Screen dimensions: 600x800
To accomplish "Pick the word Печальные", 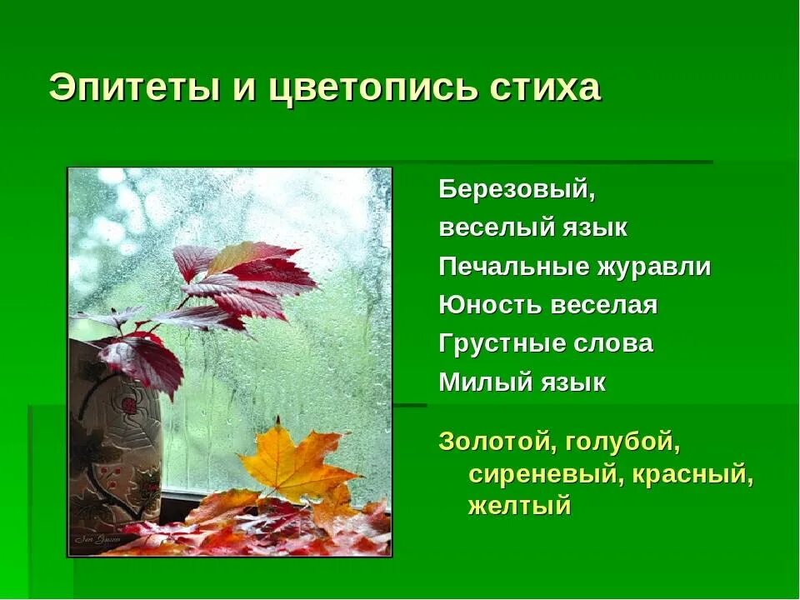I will pos(512,267).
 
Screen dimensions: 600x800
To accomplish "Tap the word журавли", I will pos(653,267).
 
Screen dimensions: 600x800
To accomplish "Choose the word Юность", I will pos(490,306).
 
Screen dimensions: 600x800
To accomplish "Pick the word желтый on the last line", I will pos(520,506).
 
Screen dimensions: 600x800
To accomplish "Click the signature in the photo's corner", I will pos(97,539).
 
